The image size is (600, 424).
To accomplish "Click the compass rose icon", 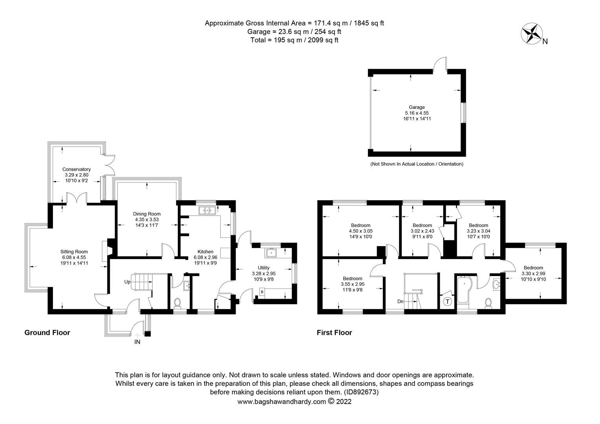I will coord(531,33).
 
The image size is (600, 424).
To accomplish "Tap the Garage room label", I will coord(417,107).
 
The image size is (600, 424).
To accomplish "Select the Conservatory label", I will coord(76,169).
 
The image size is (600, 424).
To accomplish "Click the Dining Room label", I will coord(147,214).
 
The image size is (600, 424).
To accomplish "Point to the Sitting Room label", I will coord(74,252).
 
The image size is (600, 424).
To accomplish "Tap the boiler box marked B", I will coord(262,292).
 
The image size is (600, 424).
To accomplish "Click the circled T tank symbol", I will coord(447,302).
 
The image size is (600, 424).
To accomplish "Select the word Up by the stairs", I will coord(127,282).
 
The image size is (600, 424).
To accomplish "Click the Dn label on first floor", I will coord(401,302).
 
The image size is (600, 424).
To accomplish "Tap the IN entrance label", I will coord(137,342).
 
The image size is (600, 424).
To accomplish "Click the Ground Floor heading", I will coord(47,333).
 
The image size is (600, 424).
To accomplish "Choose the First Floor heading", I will coord(334,333).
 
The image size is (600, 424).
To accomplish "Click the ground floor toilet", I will coord(177,303).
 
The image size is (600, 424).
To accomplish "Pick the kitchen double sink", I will coord(208,210).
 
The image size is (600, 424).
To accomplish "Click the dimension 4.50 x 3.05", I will coord(360,231).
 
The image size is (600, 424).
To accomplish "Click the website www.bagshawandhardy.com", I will coord(282,402).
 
